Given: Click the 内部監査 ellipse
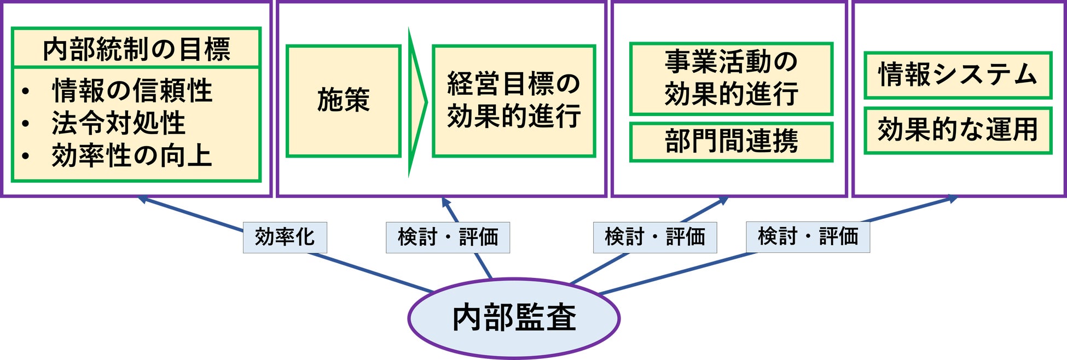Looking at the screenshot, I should click(x=514, y=318).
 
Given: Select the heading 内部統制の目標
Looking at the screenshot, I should click(x=136, y=49).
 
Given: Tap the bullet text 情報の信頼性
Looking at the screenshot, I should click(x=132, y=90).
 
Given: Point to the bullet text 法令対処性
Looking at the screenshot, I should click(x=118, y=123).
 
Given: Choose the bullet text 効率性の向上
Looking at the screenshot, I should click(x=131, y=155).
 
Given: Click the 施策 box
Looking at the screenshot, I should click(x=344, y=101).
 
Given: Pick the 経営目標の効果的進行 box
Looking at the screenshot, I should click(x=513, y=101).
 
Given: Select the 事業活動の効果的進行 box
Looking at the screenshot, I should click(x=731, y=79).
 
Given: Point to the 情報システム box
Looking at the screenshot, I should click(x=958, y=75).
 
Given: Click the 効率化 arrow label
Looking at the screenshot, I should click(x=285, y=237).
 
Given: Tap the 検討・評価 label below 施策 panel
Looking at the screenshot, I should click(x=448, y=237).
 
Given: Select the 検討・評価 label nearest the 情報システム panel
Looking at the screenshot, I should click(x=808, y=237).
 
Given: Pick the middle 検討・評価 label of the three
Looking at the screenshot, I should click(x=655, y=237).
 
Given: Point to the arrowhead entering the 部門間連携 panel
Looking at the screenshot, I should click(x=723, y=200).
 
